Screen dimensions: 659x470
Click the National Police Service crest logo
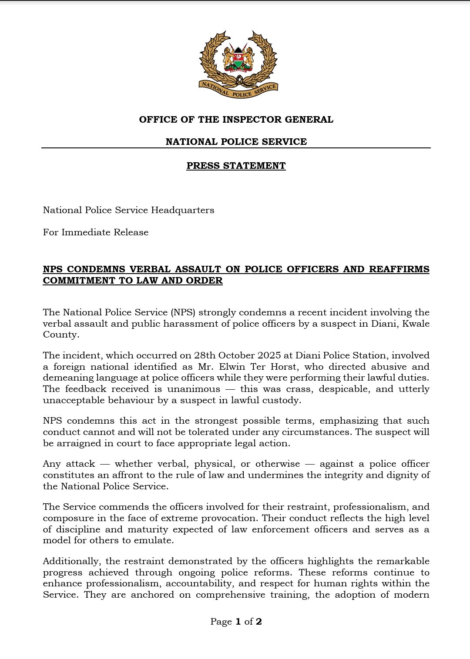pos(238,64)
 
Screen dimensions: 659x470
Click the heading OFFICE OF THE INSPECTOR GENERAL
pos(236,120)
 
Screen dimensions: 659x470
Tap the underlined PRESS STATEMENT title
pos(236,166)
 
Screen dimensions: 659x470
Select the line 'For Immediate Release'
pos(96,232)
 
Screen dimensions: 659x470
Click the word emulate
pos(154,540)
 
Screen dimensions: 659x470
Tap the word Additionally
pos(71,561)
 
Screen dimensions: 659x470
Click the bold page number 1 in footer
pos(238,622)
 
